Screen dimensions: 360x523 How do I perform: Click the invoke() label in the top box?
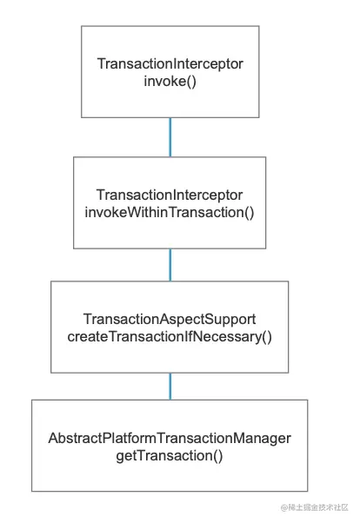pyautogui.click(x=170, y=82)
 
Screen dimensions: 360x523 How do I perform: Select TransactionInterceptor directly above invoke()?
pyautogui.click(x=170, y=63)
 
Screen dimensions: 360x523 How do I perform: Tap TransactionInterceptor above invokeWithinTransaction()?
pyautogui.click(x=170, y=195)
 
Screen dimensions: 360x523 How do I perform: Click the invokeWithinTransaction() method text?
pyautogui.click(x=170, y=213)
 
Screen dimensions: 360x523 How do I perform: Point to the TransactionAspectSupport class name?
pyautogui.click(x=170, y=319)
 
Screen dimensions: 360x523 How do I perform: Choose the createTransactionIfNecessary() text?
pyautogui.click(x=170, y=337)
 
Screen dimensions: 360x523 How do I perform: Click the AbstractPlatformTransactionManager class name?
pyautogui.click(x=170, y=438)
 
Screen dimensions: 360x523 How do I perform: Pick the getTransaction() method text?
pyautogui.click(x=170, y=455)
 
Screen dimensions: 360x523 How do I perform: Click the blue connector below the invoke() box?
pyautogui.click(x=170, y=137)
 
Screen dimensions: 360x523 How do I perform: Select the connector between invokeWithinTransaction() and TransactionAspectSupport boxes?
pyautogui.click(x=170, y=265)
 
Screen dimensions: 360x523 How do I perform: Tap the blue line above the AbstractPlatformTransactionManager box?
pyautogui.click(x=170, y=387)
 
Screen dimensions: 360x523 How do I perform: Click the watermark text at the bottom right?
pyautogui.click(x=314, y=507)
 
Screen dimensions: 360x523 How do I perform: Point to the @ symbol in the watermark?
pyautogui.click(x=283, y=507)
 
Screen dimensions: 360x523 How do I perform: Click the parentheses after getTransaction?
pyautogui.click(x=218, y=456)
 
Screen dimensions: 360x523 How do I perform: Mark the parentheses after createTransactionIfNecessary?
pyautogui.click(x=267, y=337)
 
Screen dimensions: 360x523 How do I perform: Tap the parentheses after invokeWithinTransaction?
pyautogui.click(x=250, y=213)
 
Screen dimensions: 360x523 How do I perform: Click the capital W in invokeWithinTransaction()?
pyautogui.click(x=134, y=212)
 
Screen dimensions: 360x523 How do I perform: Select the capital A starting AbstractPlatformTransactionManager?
pyautogui.click(x=53, y=438)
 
